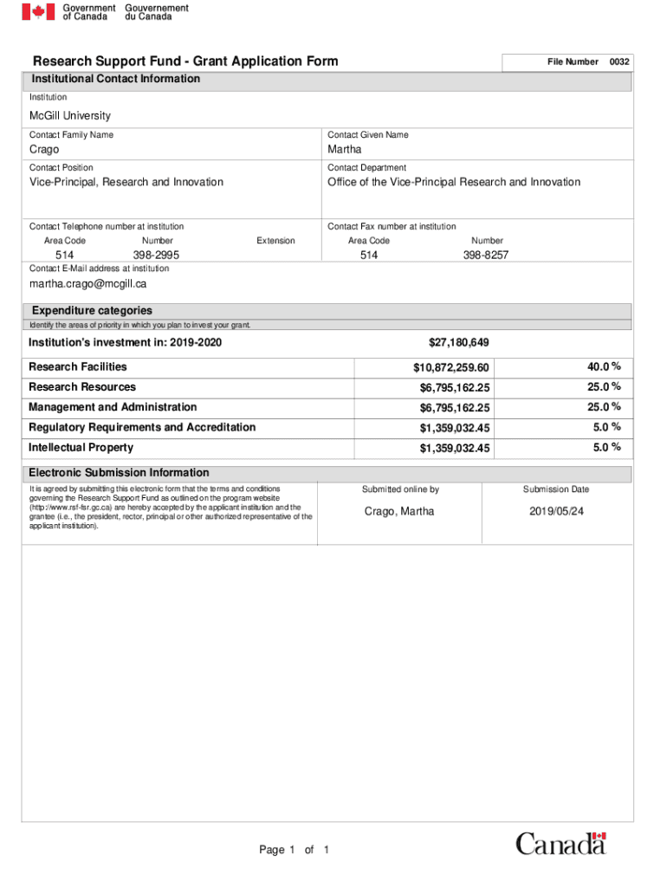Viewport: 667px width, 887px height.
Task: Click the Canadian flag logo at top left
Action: pyautogui.click(x=38, y=12)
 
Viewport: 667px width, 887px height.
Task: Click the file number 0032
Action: pyautogui.click(x=619, y=62)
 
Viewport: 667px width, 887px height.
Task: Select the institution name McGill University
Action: pyautogui.click(x=70, y=116)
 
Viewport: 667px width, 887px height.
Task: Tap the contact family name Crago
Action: pyautogui.click(x=44, y=150)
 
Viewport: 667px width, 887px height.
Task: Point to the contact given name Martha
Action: pyautogui.click(x=345, y=150)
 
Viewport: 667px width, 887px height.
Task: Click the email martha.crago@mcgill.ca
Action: pyautogui.click(x=87, y=284)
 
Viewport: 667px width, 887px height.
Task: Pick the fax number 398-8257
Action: pyautogui.click(x=486, y=256)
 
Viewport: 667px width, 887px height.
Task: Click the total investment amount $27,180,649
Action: pyautogui.click(x=459, y=343)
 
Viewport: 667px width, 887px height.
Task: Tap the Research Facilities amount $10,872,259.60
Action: pyautogui.click(x=451, y=368)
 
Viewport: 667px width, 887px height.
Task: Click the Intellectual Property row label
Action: pyautogui.click(x=81, y=448)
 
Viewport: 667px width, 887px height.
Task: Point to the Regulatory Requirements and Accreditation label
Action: pyautogui.click(x=142, y=428)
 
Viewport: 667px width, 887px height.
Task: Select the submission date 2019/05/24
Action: pyautogui.click(x=557, y=512)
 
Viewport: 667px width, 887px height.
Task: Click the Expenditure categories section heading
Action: pyautogui.click(x=92, y=311)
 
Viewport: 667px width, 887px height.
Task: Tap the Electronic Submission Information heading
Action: pyautogui.click(x=119, y=473)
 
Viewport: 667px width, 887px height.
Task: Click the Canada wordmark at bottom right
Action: pyautogui.click(x=561, y=844)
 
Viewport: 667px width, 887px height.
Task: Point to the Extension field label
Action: pyautogui.click(x=275, y=241)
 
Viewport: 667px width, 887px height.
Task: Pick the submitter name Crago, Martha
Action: pyautogui.click(x=399, y=512)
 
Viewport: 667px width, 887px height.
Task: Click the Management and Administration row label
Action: pyautogui.click(x=113, y=407)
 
